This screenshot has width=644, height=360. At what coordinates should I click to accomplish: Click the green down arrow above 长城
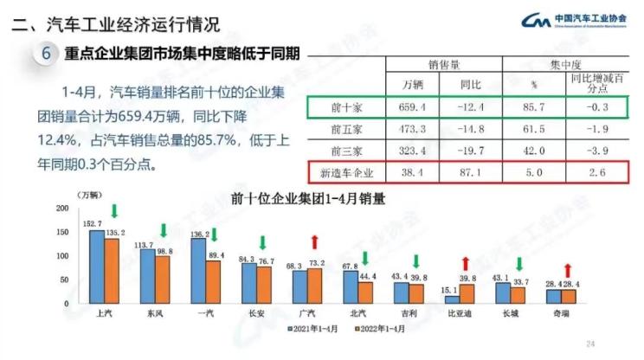[x=518, y=265]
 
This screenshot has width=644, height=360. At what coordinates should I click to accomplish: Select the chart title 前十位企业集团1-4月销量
[x=308, y=198]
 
